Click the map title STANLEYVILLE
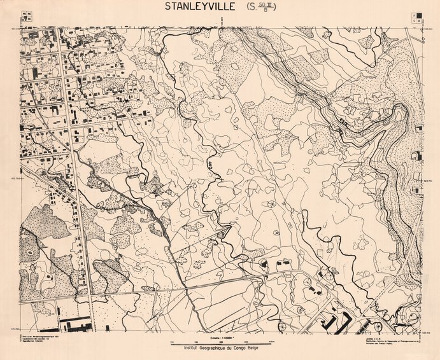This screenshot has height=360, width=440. (x=201, y=8)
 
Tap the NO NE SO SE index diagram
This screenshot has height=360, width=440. (x=27, y=16)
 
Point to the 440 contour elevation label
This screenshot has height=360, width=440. (x=209, y=165)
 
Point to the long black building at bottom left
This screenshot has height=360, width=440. (x=76, y=326)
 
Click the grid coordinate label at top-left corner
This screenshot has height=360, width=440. (x=13, y=28)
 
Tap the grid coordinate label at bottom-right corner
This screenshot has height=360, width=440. (x=428, y=331)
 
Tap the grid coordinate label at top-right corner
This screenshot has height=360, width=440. (x=428, y=28)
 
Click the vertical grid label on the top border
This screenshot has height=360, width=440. (x=220, y=21)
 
